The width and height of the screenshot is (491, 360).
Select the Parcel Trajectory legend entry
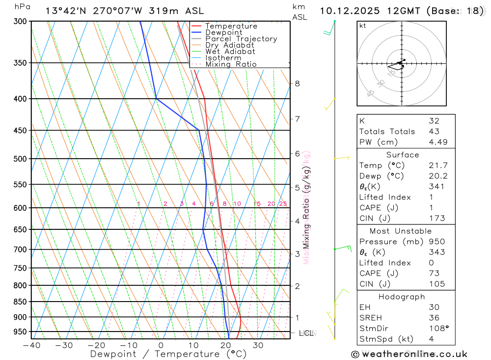point(241,39)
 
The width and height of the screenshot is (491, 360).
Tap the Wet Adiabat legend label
point(230,52)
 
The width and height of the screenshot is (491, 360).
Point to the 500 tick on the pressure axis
point(20,159)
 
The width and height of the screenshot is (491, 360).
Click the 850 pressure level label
point(20,302)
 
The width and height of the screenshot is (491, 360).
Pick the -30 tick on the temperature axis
point(64,345)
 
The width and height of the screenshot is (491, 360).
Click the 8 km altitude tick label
point(297,83)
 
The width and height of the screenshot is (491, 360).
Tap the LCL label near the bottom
point(306,333)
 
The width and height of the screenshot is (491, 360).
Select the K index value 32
point(434,121)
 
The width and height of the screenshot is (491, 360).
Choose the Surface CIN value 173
point(436,218)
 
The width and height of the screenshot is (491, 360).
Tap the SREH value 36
point(434,318)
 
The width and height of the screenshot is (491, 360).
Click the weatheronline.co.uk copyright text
point(409,354)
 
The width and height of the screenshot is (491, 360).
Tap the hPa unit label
point(22,7)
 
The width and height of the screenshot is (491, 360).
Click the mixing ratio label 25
point(283,204)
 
